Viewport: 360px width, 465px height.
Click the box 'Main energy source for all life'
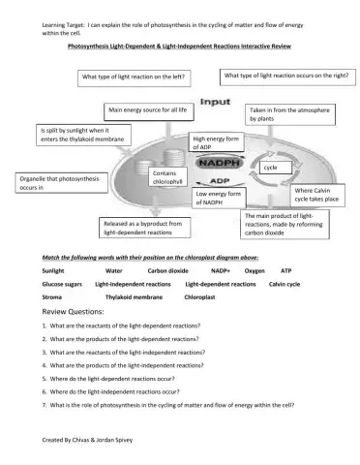pos(148,110)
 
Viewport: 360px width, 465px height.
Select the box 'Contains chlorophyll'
pos(167,176)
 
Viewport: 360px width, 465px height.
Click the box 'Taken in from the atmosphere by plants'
pos(289,114)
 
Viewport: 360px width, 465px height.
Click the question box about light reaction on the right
pos(285,74)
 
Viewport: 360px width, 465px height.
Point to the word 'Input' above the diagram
pos(214,100)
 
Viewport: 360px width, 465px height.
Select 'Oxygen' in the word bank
pos(255,271)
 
